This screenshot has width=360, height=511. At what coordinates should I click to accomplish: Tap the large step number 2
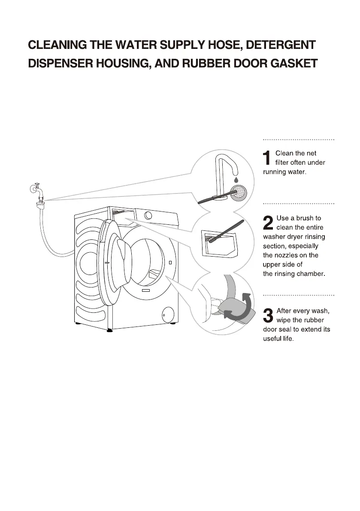[267, 223]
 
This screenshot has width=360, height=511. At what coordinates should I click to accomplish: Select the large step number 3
[267, 315]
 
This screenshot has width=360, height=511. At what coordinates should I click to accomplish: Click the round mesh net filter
[238, 192]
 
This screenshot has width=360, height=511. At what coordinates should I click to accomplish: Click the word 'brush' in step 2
[306, 218]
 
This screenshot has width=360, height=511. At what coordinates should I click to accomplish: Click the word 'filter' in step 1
[282, 163]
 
